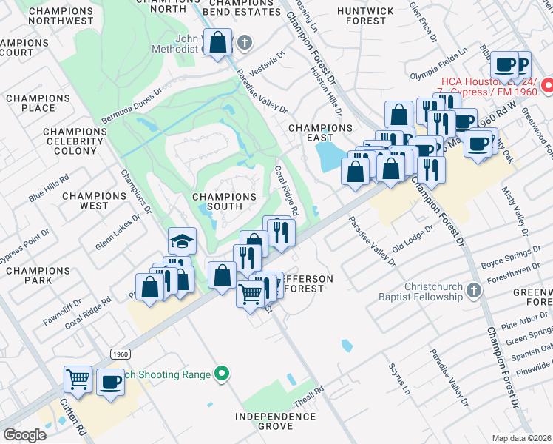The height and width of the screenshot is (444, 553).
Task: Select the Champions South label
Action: pos(224,197)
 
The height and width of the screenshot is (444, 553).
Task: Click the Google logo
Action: pos(25,434)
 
